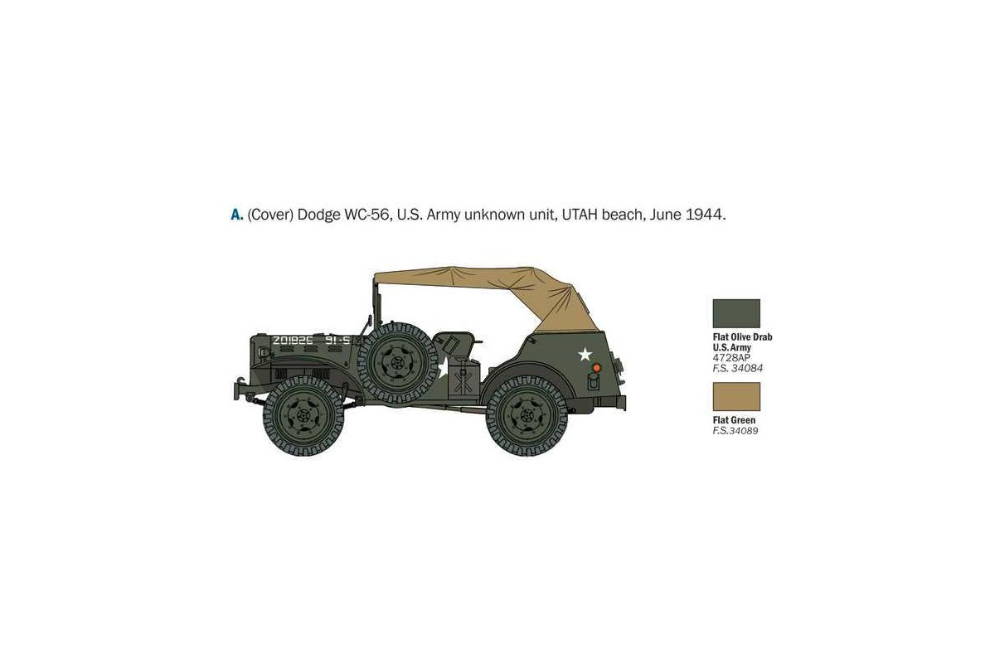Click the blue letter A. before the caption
click(237, 215)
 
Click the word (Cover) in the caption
click(270, 215)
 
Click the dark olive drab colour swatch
click(736, 313)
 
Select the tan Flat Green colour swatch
click(736, 396)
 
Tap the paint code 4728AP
click(731, 358)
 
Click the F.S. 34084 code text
click(737, 368)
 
